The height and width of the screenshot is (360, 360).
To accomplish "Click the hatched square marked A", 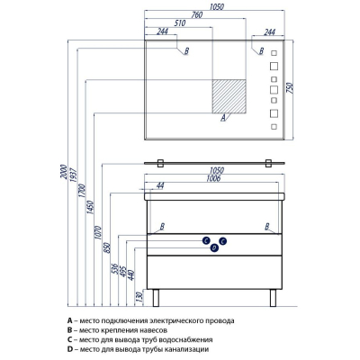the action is [229, 96].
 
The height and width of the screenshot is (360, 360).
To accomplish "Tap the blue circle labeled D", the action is [214, 247].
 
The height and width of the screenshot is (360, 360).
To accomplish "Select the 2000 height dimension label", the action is [63, 172].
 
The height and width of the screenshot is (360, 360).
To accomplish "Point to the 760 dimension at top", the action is [197, 14].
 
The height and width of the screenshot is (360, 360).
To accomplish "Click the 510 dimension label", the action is [180, 23].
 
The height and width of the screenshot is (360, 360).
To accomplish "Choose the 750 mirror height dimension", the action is [291, 87].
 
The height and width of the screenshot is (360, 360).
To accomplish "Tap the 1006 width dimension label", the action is [213, 178].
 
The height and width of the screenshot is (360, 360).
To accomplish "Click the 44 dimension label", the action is [160, 186].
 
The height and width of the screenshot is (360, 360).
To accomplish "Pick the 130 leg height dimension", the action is [139, 297].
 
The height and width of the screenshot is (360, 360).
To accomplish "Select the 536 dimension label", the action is [115, 270].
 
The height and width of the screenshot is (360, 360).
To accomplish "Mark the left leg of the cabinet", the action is [156, 298].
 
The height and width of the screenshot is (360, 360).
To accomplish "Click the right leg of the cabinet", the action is [273, 298].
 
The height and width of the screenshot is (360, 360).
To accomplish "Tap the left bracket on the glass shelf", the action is [160, 163].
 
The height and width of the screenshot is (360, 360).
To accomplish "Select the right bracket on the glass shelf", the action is [268, 163].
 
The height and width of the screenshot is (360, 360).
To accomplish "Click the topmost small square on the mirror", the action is [274, 53].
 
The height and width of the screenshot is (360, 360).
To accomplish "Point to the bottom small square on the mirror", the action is [274, 127].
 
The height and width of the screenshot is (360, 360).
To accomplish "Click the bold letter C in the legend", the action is [69, 340].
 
